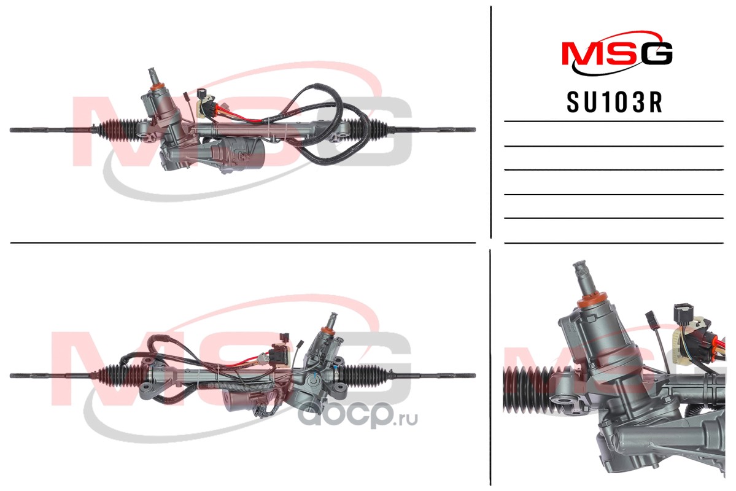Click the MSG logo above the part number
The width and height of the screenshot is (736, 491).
click(618, 53)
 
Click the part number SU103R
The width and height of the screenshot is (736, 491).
click(614, 102)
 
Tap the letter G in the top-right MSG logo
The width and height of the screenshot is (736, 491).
click(657, 53)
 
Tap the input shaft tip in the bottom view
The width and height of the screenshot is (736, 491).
click(333, 321)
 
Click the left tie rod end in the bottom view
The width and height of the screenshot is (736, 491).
click(53, 376)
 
